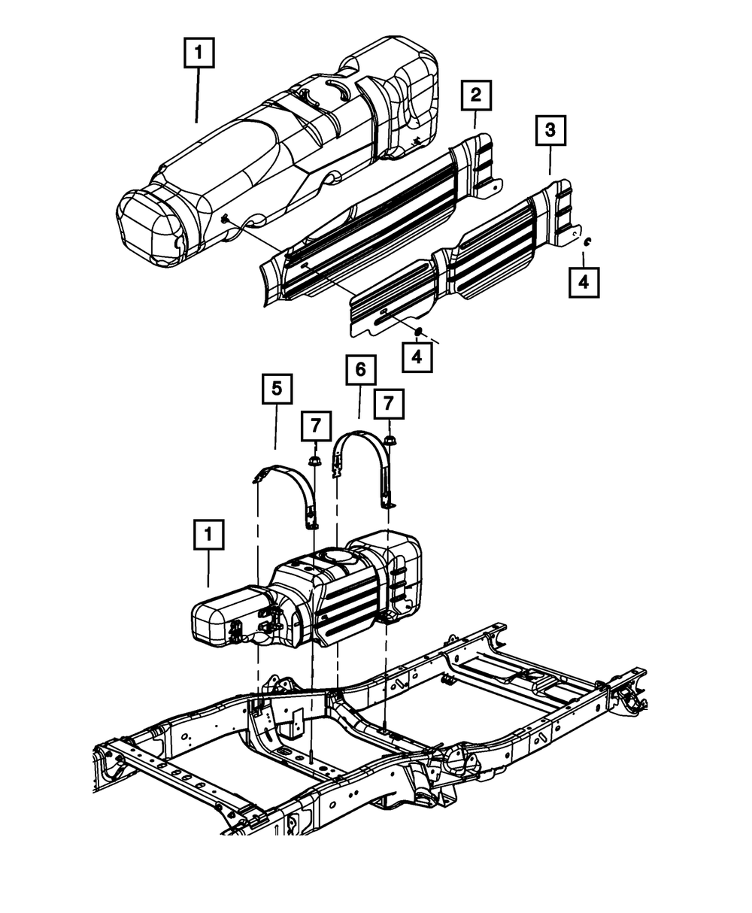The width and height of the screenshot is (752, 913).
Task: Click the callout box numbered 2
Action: pyautogui.click(x=475, y=96)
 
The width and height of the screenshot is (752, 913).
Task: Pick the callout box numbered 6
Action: pyautogui.click(x=360, y=370)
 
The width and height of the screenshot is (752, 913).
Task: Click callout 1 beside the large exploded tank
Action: pyautogui.click(x=199, y=53)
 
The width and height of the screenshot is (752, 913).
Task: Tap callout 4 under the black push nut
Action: pyautogui.click(x=417, y=356)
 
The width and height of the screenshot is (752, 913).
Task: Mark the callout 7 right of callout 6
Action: pyautogui.click(x=389, y=404)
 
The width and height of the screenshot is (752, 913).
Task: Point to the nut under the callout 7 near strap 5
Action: pyautogui.click(x=314, y=460)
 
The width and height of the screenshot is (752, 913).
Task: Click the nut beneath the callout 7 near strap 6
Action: pyautogui.click(x=389, y=440)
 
